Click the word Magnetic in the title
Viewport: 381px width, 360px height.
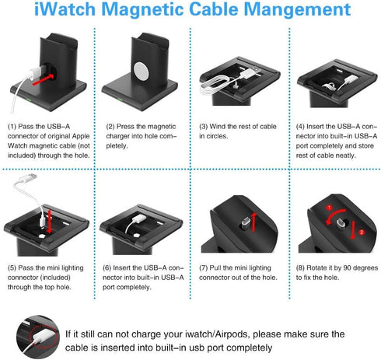[x=143, y=10]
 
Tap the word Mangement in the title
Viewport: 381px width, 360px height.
[x=297, y=10]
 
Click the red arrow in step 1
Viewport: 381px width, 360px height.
[x=44, y=79]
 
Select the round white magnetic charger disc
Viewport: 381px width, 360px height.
[x=142, y=71]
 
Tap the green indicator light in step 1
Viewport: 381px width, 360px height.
[x=29, y=100]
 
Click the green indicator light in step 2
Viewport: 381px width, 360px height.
[x=120, y=99]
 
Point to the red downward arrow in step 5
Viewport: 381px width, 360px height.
[x=50, y=222]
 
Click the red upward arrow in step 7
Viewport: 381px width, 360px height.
[x=254, y=222]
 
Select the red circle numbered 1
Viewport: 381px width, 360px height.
[x=329, y=208]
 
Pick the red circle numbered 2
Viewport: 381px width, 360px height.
[x=362, y=232]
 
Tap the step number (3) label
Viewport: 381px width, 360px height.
[x=204, y=127]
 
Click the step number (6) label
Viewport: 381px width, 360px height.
[x=107, y=267]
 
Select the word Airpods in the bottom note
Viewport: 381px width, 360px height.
[x=232, y=334]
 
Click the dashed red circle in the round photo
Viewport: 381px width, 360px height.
[x=43, y=335]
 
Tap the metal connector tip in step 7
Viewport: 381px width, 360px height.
[x=245, y=223]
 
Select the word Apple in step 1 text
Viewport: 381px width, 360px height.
[x=81, y=136]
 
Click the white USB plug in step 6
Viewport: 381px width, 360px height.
[x=139, y=218]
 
